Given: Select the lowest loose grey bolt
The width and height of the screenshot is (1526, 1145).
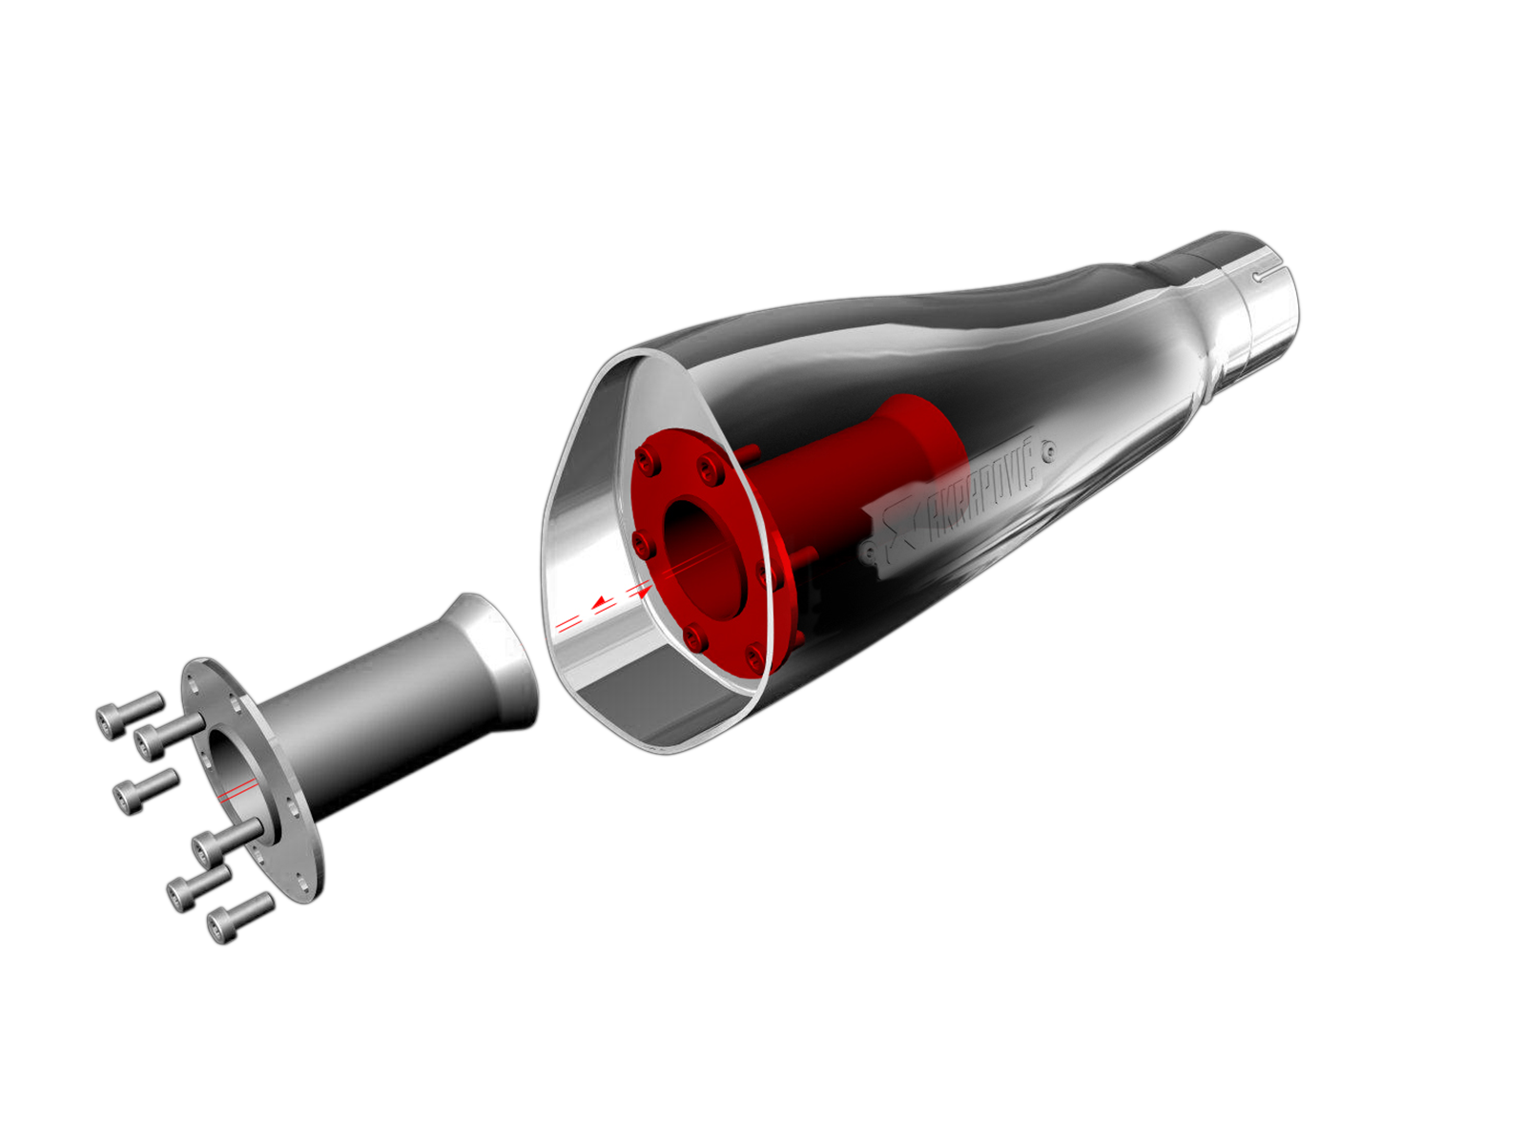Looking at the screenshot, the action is pyautogui.click(x=240, y=918).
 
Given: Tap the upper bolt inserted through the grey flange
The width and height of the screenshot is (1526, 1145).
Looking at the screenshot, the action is pyautogui.click(x=169, y=737).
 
